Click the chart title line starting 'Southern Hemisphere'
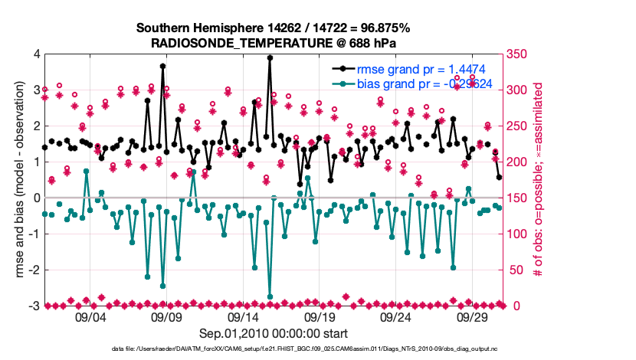[274, 28]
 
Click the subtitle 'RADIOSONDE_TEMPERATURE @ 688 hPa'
[274, 43]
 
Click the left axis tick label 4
[36, 54]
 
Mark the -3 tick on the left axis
[34, 306]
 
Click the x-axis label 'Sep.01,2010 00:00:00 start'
[274, 333]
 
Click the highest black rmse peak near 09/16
[270, 57]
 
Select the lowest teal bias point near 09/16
[270, 296]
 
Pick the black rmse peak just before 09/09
[163, 67]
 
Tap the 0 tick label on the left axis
[36, 198]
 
